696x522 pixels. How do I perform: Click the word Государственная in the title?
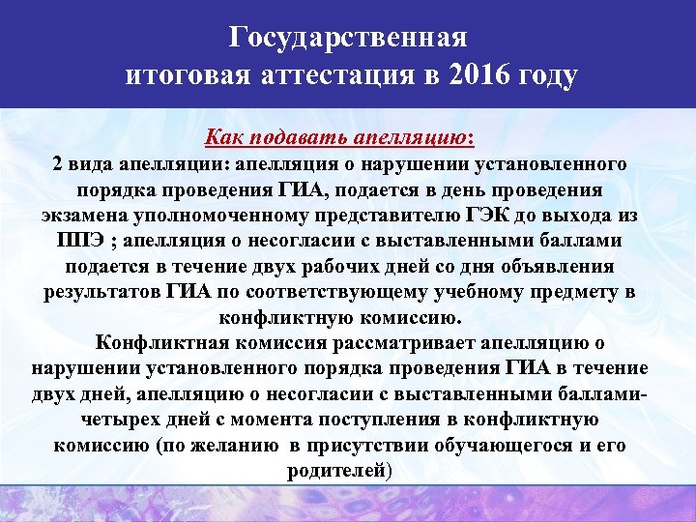pyautogui.click(x=348, y=38)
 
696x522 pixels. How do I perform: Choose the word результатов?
pyautogui.click(x=99, y=291)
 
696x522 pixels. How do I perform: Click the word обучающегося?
pyautogui.click(x=509, y=446)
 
